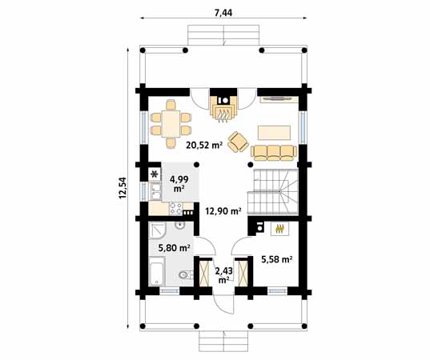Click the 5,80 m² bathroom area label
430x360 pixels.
(174, 248)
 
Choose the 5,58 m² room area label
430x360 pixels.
(275, 259)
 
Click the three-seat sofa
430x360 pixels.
(272, 151)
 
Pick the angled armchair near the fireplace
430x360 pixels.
(238, 142)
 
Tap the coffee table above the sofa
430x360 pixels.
(273, 130)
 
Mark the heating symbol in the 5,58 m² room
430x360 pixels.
(279, 229)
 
